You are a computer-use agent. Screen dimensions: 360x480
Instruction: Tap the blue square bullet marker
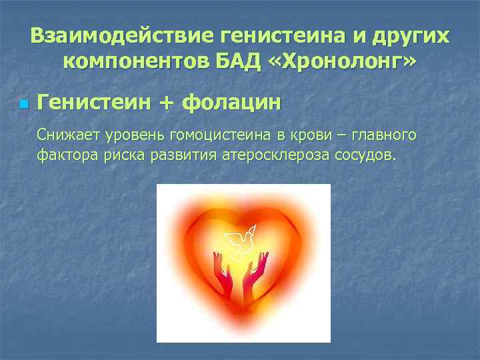coord(24,105)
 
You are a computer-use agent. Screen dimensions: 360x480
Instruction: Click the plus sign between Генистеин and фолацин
coord(167,103)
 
